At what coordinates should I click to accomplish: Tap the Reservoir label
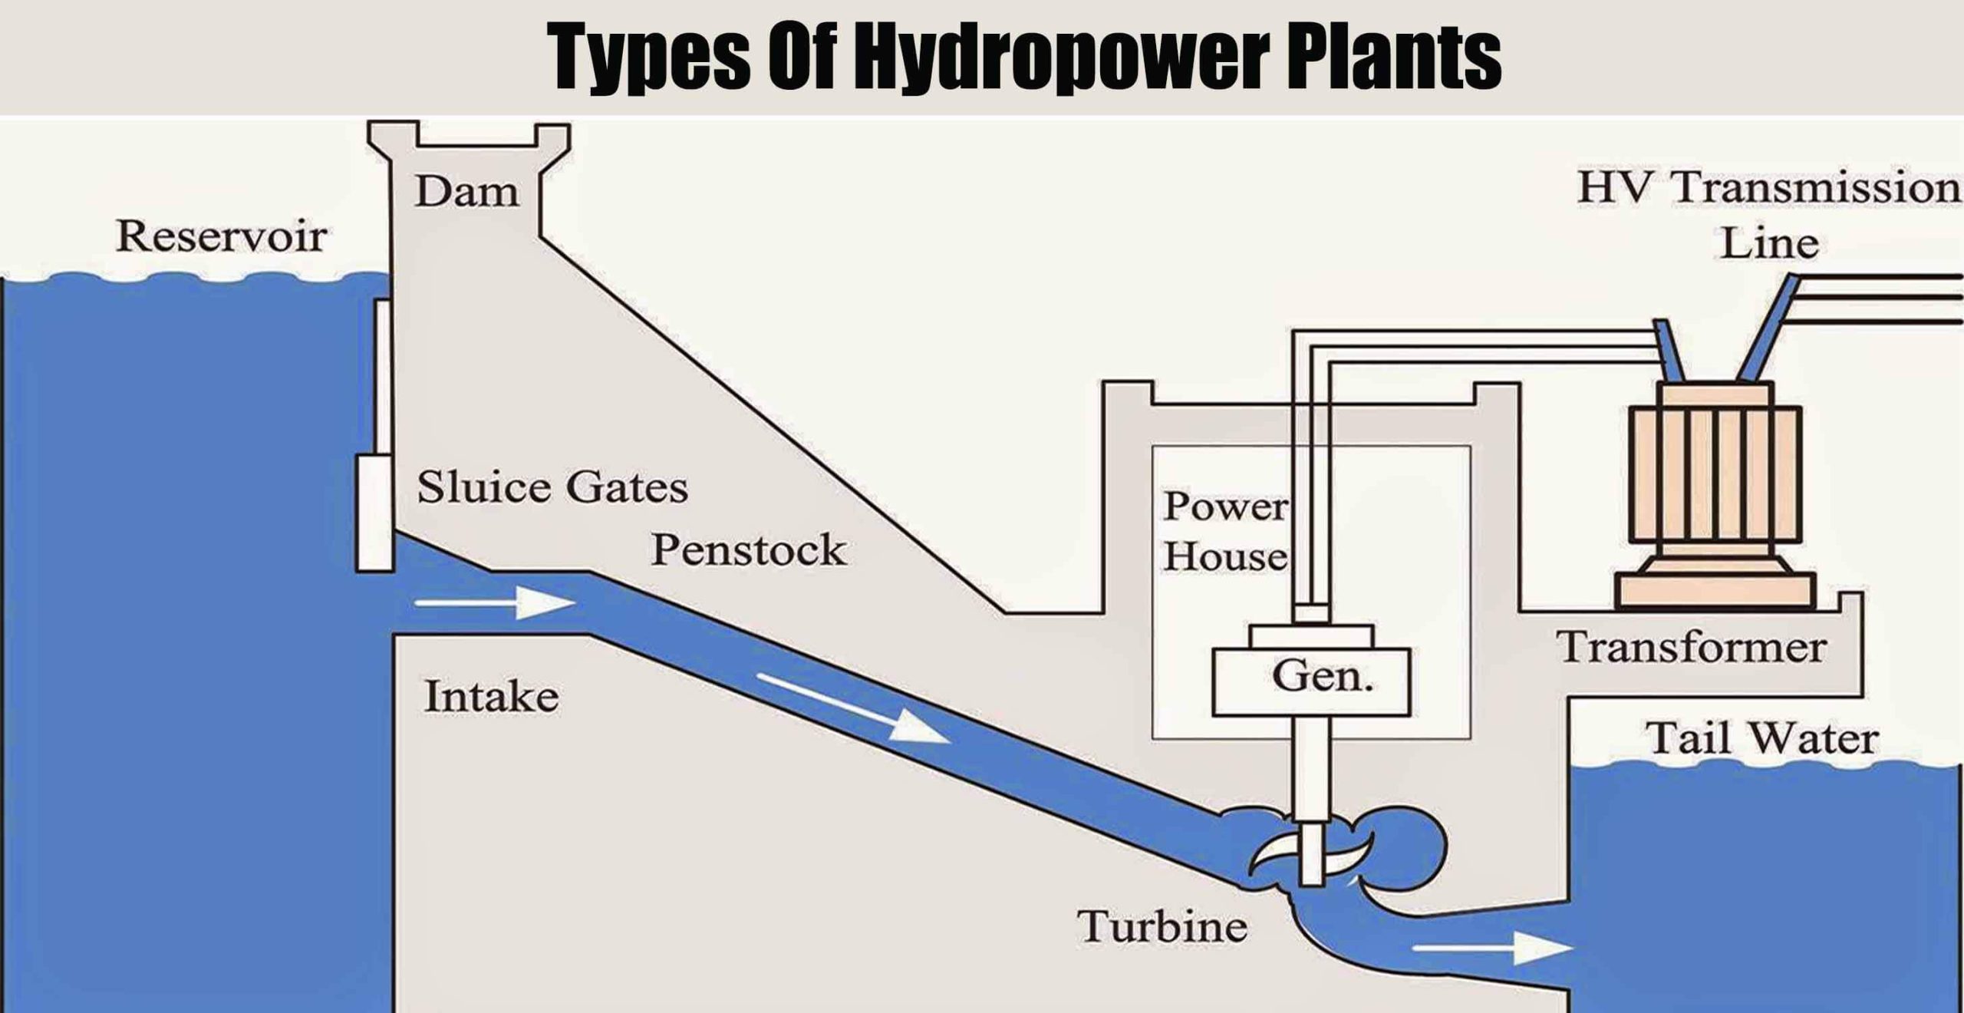(221, 236)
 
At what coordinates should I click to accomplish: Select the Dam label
(467, 191)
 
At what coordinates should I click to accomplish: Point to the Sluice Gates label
(552, 487)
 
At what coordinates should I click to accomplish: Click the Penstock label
(748, 549)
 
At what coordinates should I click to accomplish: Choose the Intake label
(492, 697)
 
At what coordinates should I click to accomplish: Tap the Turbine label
(1162, 926)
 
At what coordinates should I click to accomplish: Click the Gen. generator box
(1311, 681)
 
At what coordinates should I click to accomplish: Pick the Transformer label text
(1692, 646)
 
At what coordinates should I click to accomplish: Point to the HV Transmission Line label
(1769, 216)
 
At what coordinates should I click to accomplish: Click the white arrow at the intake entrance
(495, 603)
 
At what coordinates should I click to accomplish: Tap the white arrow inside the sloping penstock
(852, 708)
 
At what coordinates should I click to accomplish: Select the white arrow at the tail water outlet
(1491, 949)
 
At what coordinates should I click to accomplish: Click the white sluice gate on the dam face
(375, 513)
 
